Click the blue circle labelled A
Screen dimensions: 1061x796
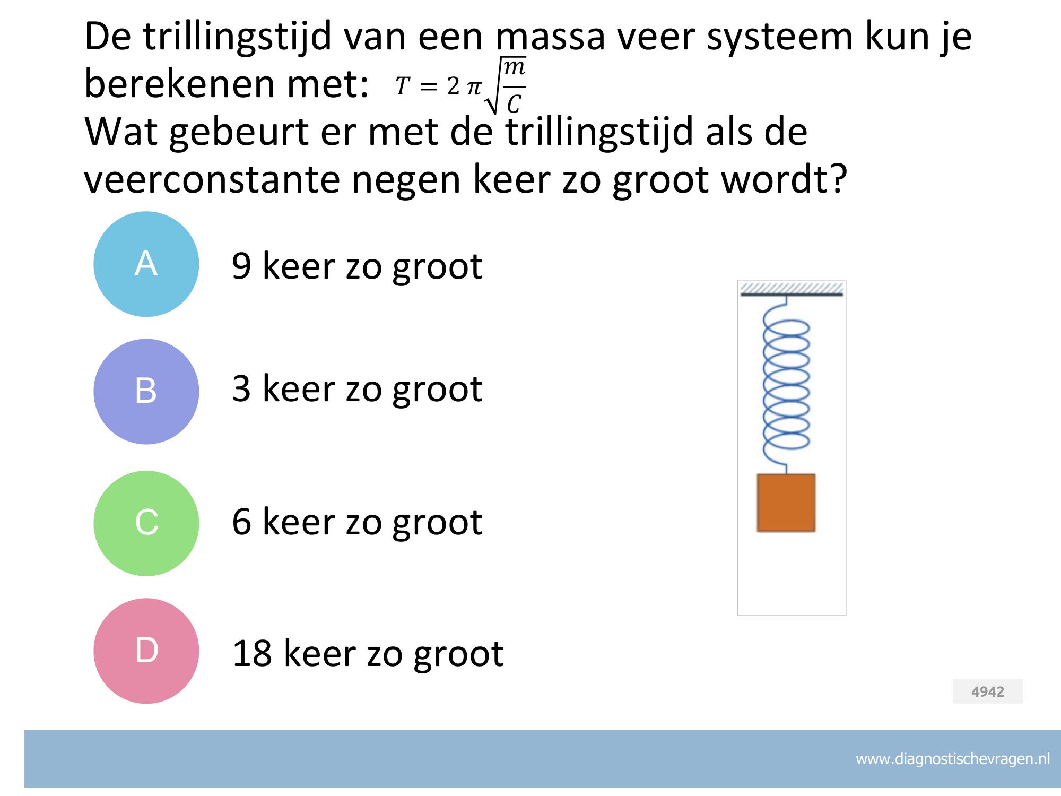(x=146, y=264)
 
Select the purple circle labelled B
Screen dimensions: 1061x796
(x=146, y=392)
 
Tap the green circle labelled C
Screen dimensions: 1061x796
(x=146, y=523)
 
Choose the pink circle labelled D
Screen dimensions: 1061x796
(x=146, y=651)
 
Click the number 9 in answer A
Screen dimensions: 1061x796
(x=241, y=266)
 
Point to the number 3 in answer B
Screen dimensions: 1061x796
(x=241, y=388)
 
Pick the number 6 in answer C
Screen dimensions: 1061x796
(x=241, y=521)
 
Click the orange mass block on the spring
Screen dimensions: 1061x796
(x=786, y=503)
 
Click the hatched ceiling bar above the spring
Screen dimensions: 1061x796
(x=792, y=289)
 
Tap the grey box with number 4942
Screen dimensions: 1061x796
(x=988, y=691)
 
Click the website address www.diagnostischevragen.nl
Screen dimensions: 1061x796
(x=953, y=759)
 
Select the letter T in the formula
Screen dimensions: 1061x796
(x=403, y=86)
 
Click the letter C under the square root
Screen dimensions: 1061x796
(x=514, y=104)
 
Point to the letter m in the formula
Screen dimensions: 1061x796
(x=514, y=67)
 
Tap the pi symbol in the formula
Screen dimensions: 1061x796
(x=474, y=87)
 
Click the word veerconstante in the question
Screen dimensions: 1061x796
(x=212, y=179)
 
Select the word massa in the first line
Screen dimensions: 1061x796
(x=550, y=37)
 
